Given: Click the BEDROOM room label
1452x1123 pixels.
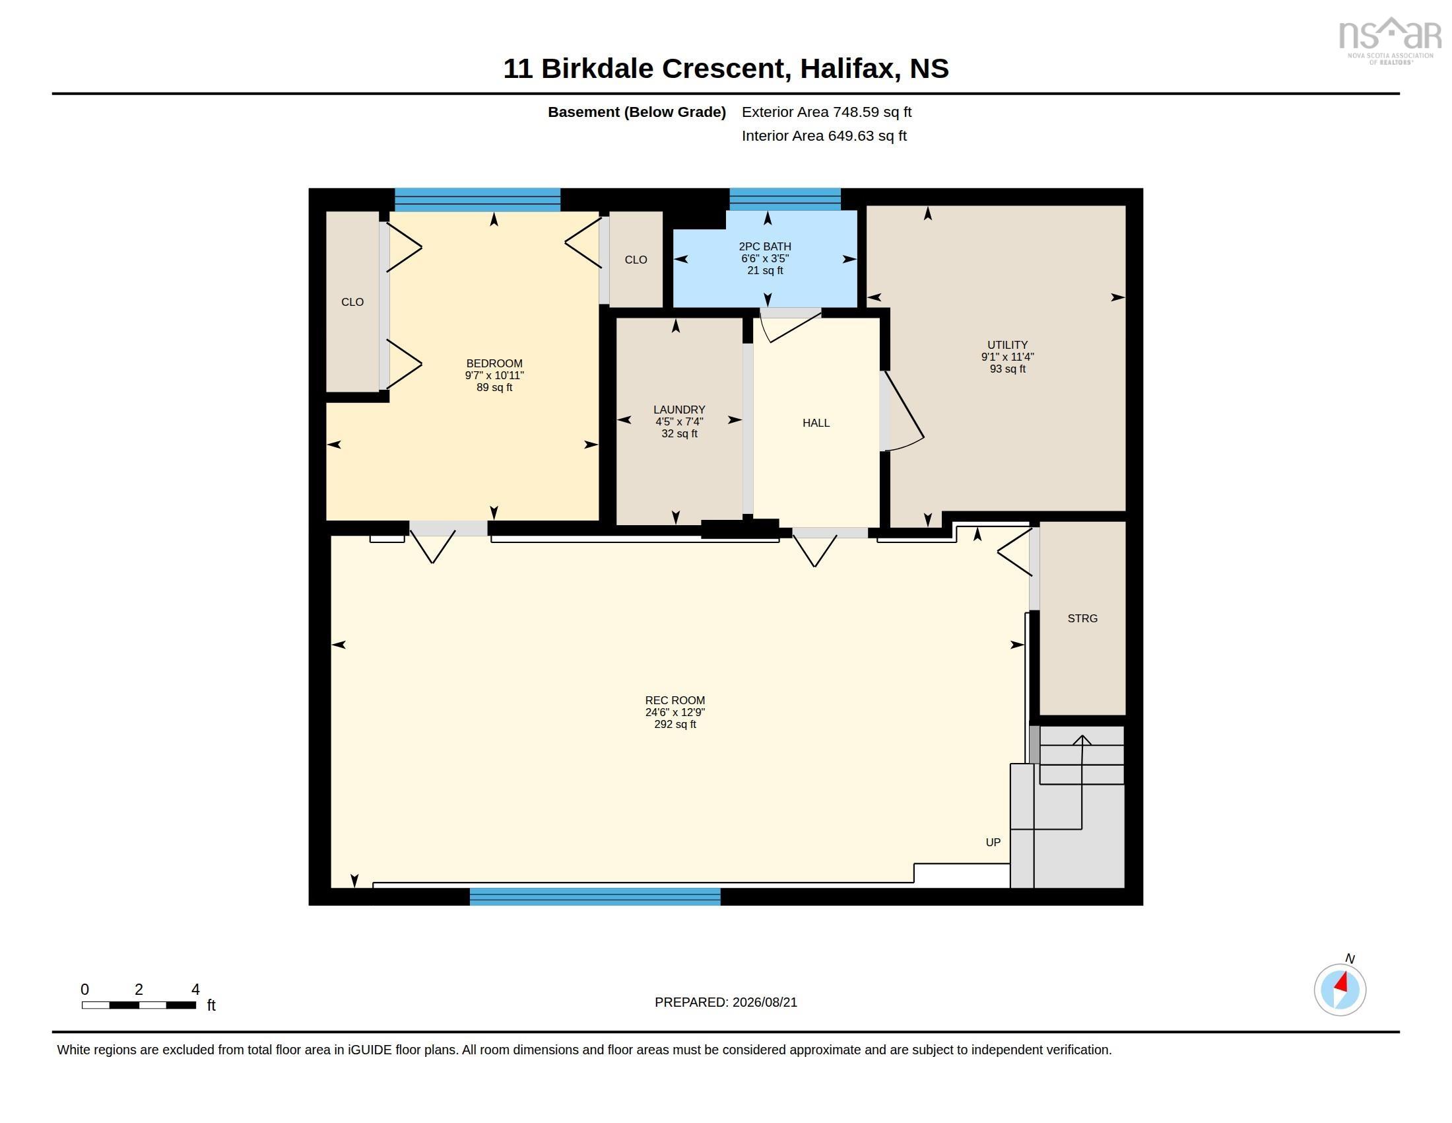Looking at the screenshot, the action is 494,363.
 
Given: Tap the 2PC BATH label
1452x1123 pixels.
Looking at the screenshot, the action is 764,246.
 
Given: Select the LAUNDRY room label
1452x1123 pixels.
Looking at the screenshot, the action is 678,410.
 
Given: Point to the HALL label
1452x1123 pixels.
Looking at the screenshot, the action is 816,423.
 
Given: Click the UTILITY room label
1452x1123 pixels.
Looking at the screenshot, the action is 1007,345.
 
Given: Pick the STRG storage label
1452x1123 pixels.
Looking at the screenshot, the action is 1082,619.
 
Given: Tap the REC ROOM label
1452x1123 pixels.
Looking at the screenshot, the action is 675,700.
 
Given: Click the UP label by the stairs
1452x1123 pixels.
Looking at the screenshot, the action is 993,842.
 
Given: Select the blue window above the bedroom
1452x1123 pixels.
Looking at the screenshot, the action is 477,199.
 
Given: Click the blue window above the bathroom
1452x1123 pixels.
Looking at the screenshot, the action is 785,199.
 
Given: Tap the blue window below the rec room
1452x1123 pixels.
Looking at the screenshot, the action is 595,896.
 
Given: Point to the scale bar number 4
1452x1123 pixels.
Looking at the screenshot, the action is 195,990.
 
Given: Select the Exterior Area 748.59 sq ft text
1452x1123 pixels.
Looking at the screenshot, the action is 826,112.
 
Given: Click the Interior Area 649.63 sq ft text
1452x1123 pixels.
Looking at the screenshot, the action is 824,135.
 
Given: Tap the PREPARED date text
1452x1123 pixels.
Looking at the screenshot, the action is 726,1003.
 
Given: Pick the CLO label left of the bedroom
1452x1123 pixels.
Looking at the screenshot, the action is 352,302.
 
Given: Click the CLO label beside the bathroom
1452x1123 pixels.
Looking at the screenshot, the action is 636,260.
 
